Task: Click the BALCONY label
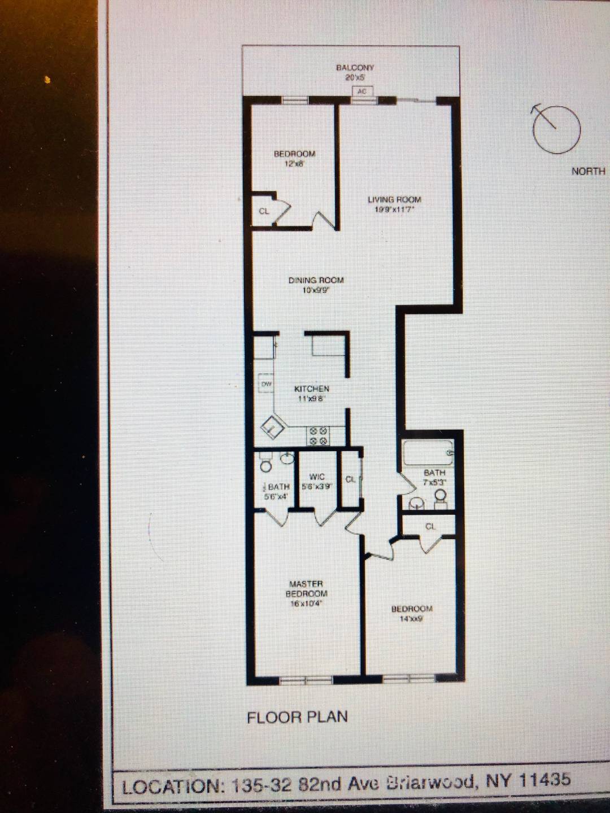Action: (355, 68)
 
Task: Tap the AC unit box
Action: (362, 91)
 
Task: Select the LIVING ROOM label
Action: (394, 200)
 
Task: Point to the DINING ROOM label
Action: (316, 281)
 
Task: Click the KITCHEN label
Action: (311, 389)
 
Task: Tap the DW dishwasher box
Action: (266, 384)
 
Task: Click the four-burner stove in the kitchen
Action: (317, 436)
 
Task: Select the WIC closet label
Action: (317, 477)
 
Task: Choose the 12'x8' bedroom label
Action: (294, 154)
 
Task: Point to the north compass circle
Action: (556, 129)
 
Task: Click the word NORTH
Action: (588, 171)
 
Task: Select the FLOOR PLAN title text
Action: (297, 718)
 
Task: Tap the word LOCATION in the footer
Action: (173, 786)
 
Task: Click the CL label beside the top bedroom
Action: (264, 212)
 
